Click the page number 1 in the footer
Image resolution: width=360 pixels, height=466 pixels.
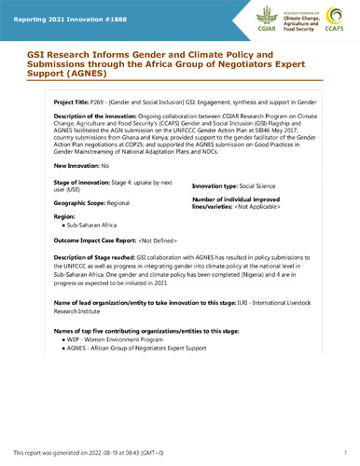click(x=344, y=451)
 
